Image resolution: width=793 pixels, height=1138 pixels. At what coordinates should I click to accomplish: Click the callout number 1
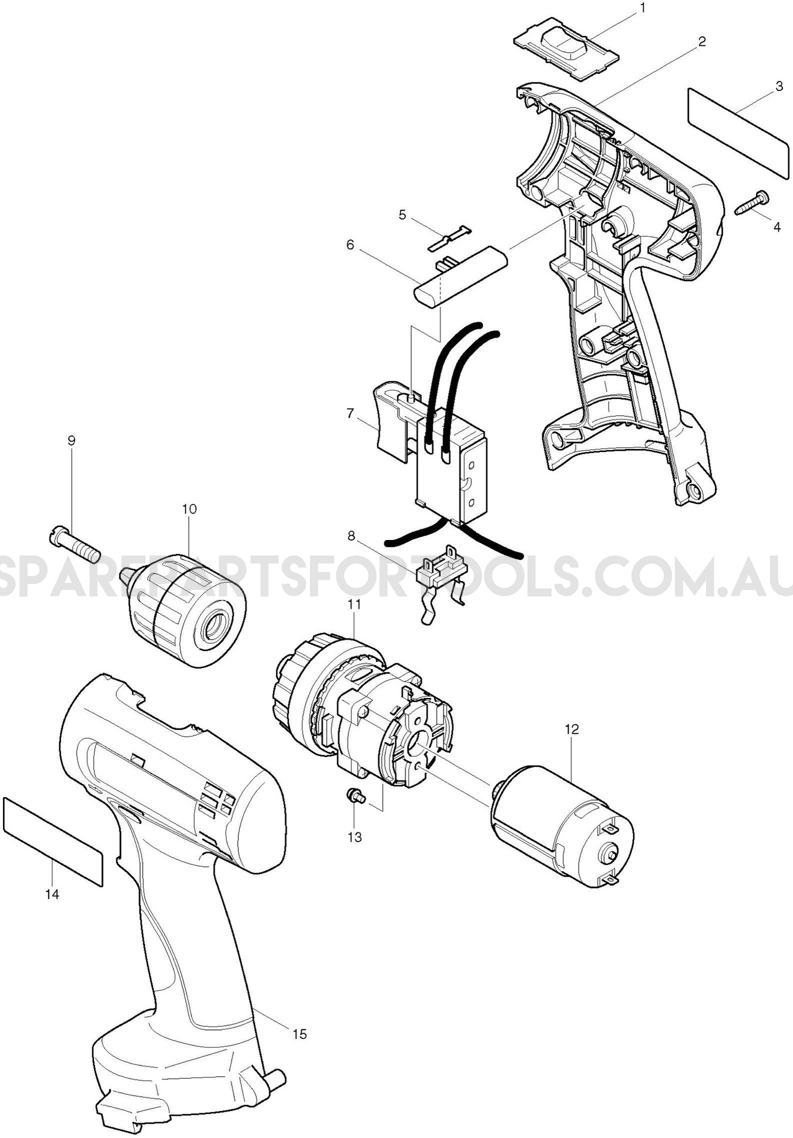pos(643,8)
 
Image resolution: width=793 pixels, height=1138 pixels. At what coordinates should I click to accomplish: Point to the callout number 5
pos(402,215)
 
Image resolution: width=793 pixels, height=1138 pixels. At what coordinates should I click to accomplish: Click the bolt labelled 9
pos(75,544)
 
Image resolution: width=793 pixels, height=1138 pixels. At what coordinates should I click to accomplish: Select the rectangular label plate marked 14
pos(53,840)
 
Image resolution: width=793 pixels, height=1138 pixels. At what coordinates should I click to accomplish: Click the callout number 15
pos(300,1034)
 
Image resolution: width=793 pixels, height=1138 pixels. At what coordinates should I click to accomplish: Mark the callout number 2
pos(701,42)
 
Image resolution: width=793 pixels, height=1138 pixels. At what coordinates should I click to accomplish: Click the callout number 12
pos(572,729)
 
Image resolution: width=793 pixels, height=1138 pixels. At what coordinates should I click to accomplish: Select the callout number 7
pos(351,414)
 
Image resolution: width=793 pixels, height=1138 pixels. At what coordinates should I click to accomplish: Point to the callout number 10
pos(189,509)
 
